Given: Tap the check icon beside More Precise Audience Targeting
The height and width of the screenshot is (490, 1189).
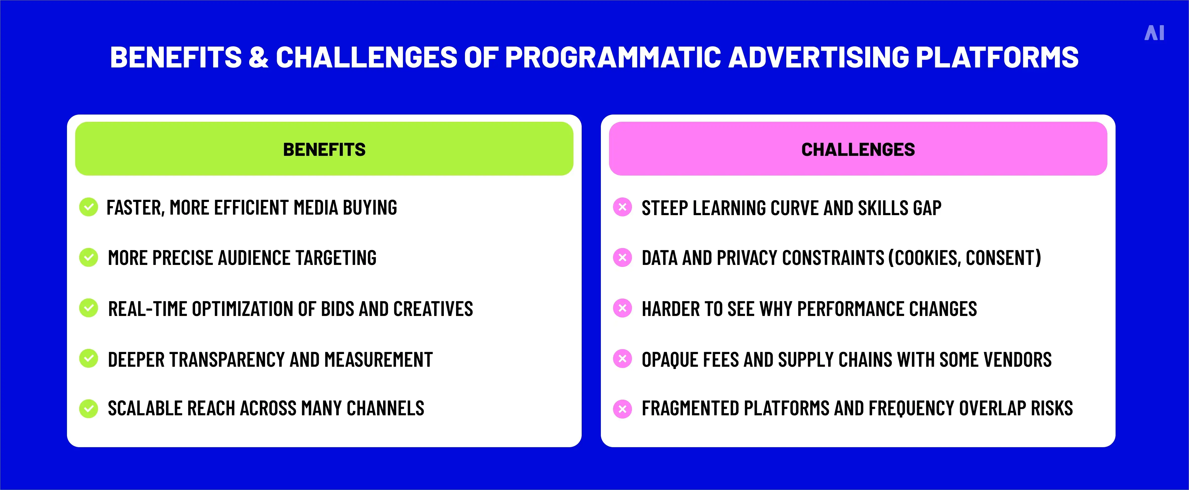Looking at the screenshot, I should coord(89,257).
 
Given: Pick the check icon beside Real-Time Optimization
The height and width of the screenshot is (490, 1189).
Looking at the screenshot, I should coord(89,308).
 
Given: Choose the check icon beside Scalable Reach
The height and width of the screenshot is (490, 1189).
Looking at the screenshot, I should coord(89,408).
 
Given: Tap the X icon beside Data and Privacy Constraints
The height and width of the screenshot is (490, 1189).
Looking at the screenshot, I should coord(622,257).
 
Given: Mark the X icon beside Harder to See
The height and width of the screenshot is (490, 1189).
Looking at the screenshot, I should coord(622,308).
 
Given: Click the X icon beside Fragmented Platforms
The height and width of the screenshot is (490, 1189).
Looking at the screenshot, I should coord(622,408).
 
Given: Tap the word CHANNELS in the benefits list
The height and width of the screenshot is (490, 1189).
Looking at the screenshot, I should coord(385,408).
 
